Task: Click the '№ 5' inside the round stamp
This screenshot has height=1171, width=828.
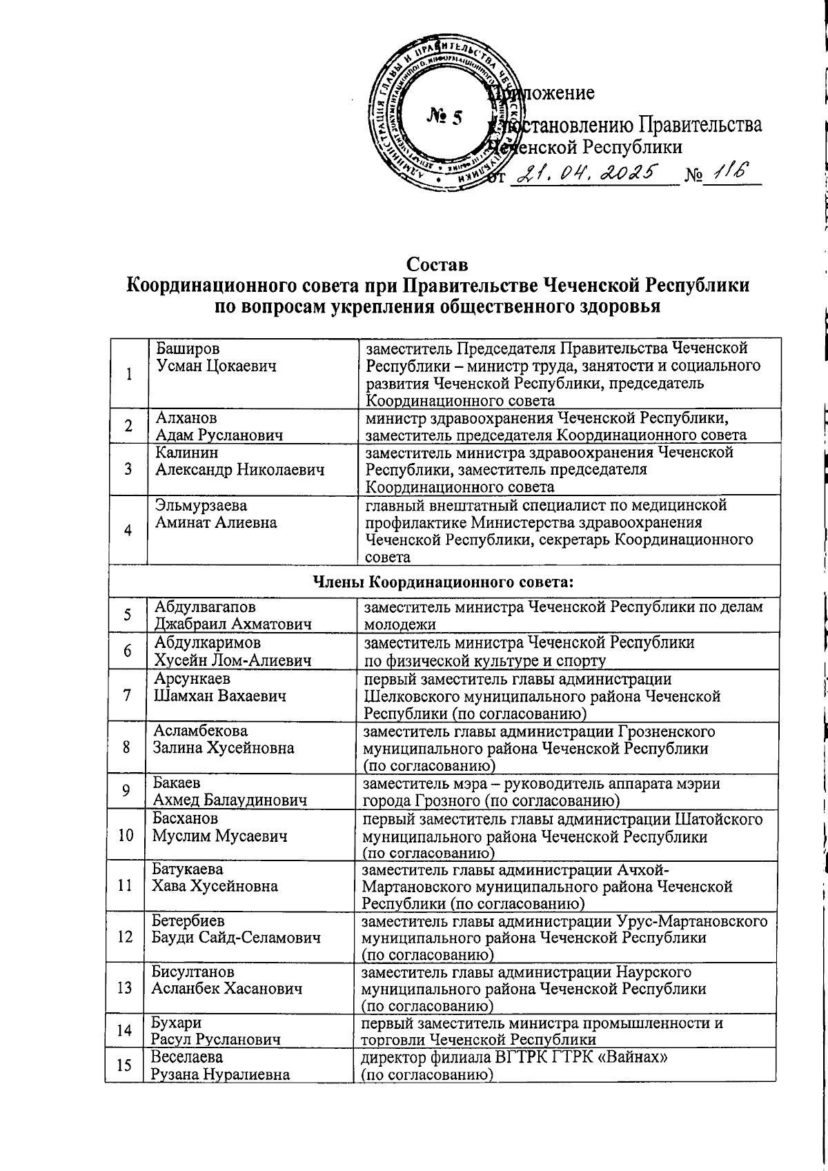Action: click(444, 117)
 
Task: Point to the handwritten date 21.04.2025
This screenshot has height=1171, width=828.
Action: click(589, 173)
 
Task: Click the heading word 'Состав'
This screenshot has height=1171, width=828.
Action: click(437, 265)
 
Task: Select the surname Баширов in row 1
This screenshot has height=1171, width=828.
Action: click(188, 348)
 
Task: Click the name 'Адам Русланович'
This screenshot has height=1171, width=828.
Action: click(219, 435)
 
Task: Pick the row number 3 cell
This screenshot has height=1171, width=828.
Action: click(128, 469)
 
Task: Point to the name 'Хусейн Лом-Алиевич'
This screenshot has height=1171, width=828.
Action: click(233, 660)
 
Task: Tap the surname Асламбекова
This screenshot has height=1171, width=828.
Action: click(200, 731)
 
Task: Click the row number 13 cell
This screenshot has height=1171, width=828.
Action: click(125, 987)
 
